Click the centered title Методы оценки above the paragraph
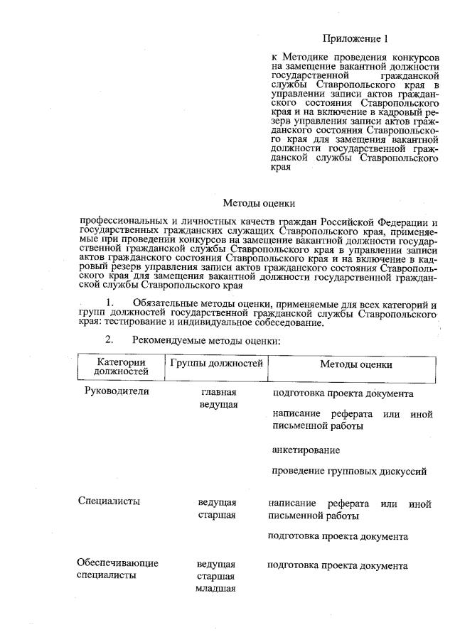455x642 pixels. (x=254, y=203)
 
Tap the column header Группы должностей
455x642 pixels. (x=217, y=363)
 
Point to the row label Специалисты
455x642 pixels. (x=108, y=501)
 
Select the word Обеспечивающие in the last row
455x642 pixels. (x=117, y=563)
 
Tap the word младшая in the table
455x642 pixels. (x=215, y=589)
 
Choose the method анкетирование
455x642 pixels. (x=306, y=450)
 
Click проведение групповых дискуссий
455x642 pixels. (x=349, y=471)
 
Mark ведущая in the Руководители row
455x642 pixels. (x=218, y=405)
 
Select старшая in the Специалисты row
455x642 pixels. (x=216, y=514)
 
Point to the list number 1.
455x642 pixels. (x=109, y=303)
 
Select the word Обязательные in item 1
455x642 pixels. (x=166, y=304)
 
